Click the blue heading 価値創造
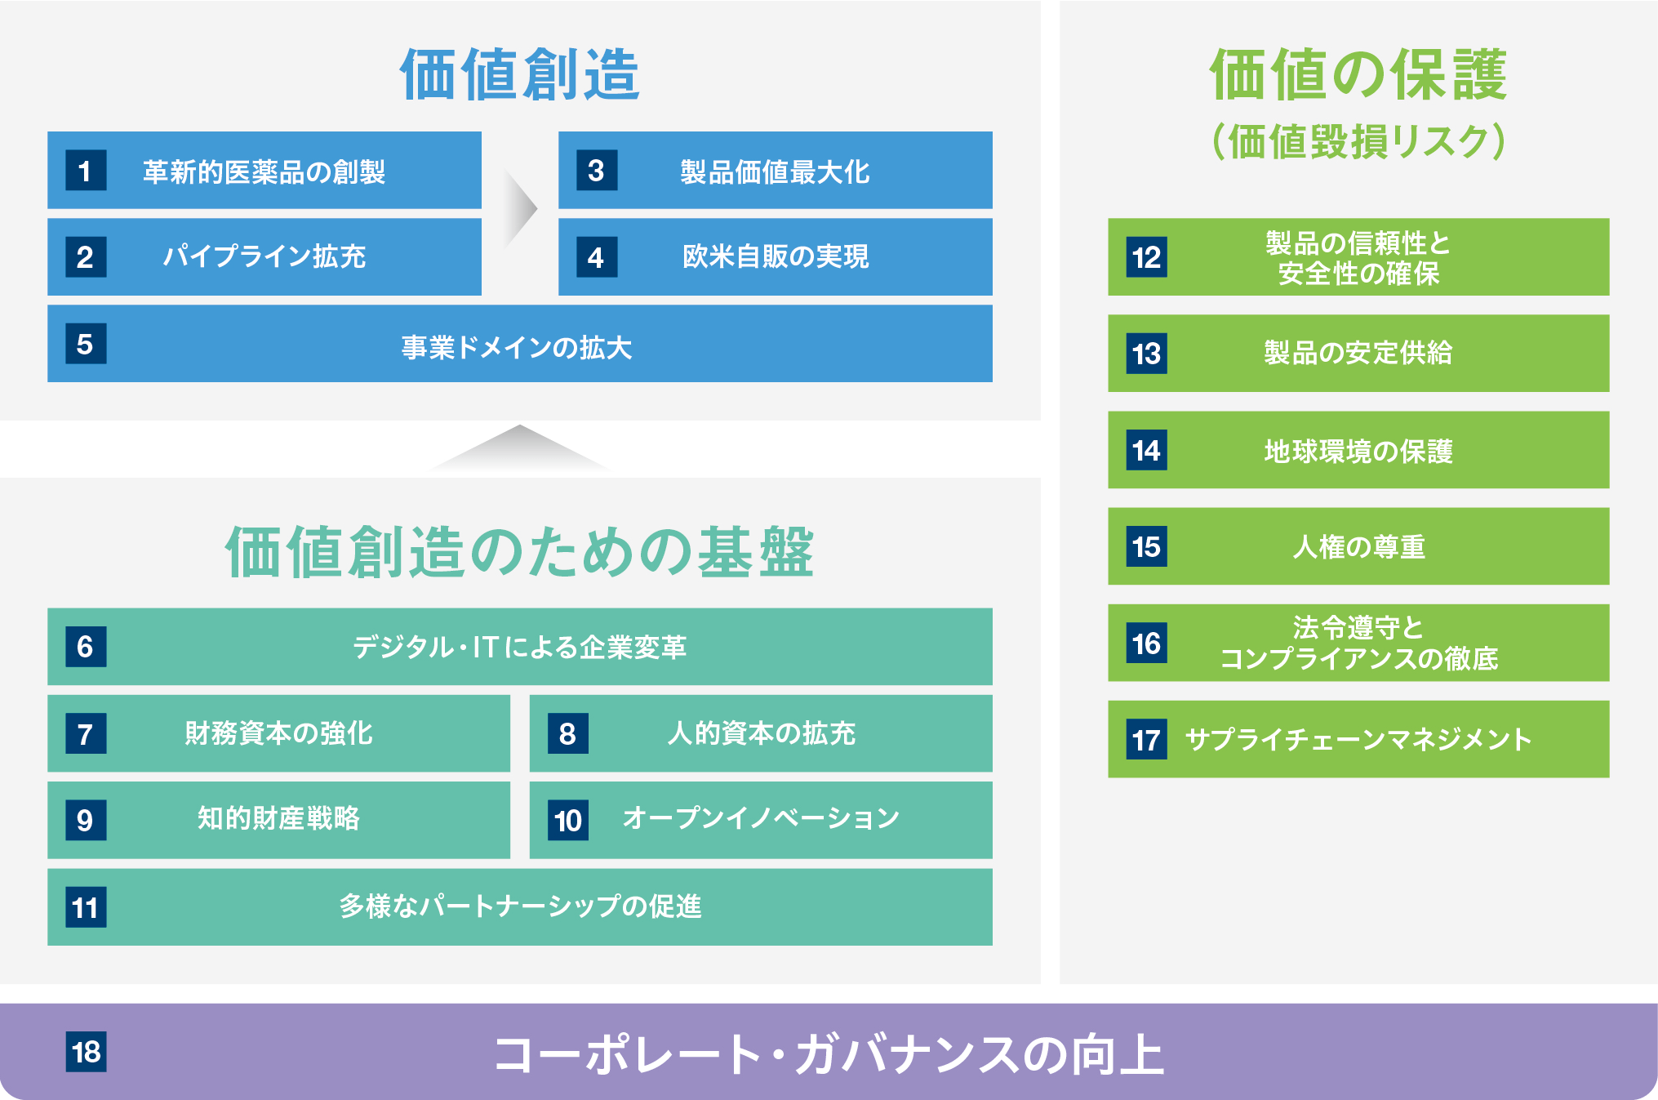[x=519, y=74]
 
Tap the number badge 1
[x=86, y=171]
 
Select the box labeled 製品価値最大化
[x=776, y=170]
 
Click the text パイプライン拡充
[x=264, y=256]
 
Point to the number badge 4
[x=597, y=257]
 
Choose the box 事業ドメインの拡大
[x=520, y=343]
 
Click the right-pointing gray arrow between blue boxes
[x=521, y=209]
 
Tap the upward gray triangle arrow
[x=519, y=448]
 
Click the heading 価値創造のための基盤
[x=519, y=552]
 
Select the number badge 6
[x=86, y=647]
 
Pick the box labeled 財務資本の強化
[x=278, y=733]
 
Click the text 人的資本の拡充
[x=761, y=733]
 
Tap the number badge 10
[x=568, y=820]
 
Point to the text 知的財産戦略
[x=278, y=818]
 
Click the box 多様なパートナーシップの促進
[x=520, y=907]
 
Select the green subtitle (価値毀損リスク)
[x=1358, y=141]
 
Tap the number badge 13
[x=1146, y=354]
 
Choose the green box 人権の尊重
[x=1358, y=546]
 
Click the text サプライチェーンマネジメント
[x=1358, y=739]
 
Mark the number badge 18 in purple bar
[x=86, y=1052]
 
